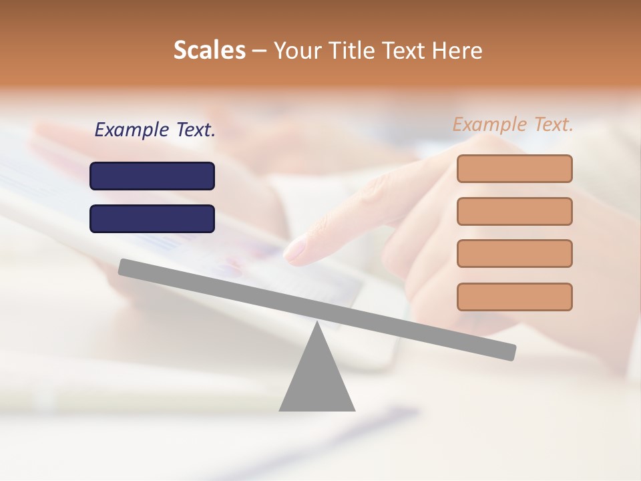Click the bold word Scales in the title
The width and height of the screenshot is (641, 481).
(209, 51)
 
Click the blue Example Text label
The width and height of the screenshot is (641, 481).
(155, 130)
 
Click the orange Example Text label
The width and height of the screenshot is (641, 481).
(513, 124)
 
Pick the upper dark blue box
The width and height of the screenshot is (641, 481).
(152, 176)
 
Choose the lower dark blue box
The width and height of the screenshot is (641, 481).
(152, 218)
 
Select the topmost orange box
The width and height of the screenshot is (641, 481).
(514, 168)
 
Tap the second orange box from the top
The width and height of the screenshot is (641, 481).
(514, 211)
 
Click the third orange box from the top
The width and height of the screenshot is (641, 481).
(514, 253)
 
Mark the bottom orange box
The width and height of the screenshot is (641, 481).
(514, 297)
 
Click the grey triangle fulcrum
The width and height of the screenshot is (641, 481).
(317, 381)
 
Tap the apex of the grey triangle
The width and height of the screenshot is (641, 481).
(317, 323)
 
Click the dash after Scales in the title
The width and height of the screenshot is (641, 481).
(259, 51)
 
